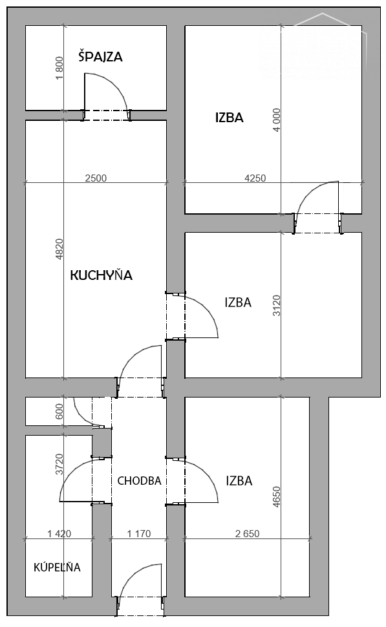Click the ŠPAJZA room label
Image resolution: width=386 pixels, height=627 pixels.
(x=100, y=56)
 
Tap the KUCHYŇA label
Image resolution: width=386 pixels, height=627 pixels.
(x=102, y=275)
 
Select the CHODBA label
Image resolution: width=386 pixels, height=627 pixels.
(x=139, y=481)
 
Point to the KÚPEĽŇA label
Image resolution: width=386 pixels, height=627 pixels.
(x=57, y=567)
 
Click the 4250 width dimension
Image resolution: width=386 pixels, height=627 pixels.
(x=255, y=178)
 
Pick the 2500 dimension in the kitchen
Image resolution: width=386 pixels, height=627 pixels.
(x=96, y=178)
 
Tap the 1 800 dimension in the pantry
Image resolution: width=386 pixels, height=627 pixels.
(x=59, y=68)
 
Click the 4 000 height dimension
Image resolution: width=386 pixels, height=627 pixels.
(x=277, y=119)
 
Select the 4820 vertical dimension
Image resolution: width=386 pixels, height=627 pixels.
(x=59, y=249)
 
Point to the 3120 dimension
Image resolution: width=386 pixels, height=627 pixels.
(x=277, y=305)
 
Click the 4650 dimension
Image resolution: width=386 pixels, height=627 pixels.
(x=277, y=497)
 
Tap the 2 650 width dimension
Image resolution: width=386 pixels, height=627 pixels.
(x=248, y=533)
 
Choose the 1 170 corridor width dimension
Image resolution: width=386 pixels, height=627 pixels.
(x=139, y=533)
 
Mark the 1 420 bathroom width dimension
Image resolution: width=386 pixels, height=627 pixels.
(x=59, y=533)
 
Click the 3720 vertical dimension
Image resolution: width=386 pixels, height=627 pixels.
(x=59, y=464)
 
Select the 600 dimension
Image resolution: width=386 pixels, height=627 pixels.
(x=59, y=412)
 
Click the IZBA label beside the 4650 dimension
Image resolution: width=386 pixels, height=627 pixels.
(x=239, y=481)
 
